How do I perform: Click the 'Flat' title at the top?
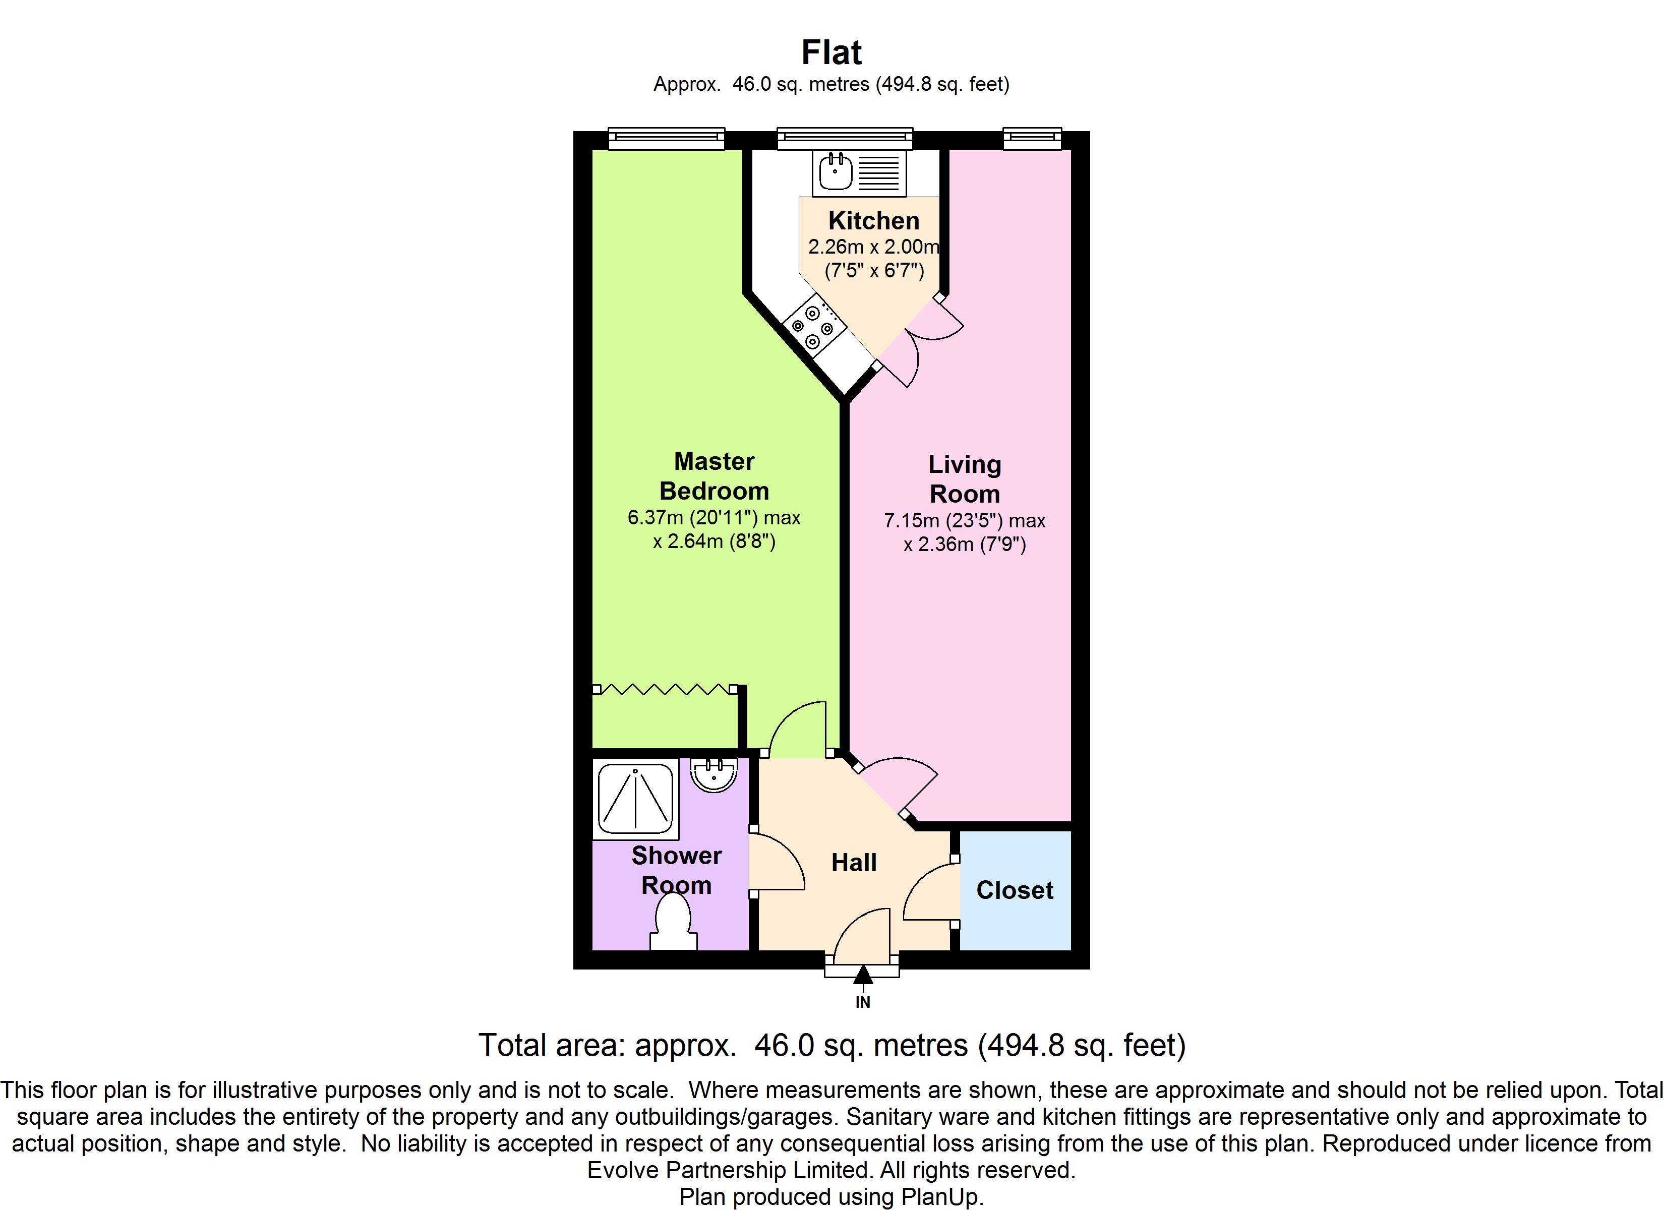(x=831, y=53)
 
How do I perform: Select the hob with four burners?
(x=812, y=327)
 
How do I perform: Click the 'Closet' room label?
(x=1015, y=890)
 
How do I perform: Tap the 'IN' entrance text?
(x=863, y=1002)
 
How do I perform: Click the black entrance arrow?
(x=863, y=975)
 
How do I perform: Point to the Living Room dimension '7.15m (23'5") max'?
(x=964, y=520)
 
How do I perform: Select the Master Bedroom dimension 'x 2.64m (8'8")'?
(x=714, y=541)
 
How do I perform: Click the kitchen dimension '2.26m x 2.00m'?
(x=873, y=247)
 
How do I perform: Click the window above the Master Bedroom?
(x=666, y=138)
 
